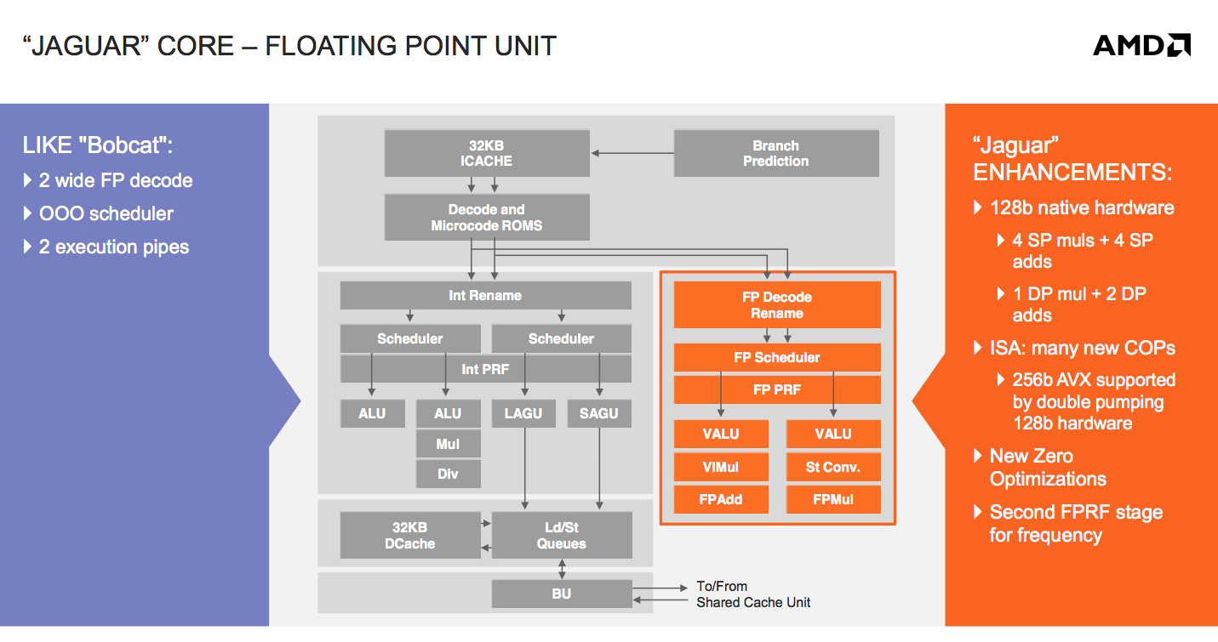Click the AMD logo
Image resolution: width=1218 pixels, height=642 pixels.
tap(1141, 45)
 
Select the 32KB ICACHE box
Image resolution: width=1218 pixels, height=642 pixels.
tap(486, 153)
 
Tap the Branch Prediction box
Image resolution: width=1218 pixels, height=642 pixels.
tap(775, 153)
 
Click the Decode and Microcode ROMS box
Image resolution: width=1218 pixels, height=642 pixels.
tap(486, 218)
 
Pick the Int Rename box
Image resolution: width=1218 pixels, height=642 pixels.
tap(485, 295)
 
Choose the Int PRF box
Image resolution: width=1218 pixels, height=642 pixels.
tap(485, 369)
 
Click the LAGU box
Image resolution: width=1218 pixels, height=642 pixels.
tap(523, 413)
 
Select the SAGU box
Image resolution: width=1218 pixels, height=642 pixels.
tap(599, 413)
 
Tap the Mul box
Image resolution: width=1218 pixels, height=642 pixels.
tap(448, 444)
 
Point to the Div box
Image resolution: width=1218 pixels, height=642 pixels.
tap(448, 474)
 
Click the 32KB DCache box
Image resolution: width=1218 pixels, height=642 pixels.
tap(409, 536)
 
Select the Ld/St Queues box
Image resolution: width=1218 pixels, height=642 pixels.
tap(561, 536)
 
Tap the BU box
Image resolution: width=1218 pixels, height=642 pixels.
tap(561, 594)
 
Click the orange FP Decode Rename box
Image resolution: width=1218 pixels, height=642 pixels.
tap(776, 305)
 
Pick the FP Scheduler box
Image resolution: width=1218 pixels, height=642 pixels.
tap(776, 357)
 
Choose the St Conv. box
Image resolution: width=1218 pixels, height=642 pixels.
tap(832, 467)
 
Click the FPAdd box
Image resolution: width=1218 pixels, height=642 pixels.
tap(721, 499)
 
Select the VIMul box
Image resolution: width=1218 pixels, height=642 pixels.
tap(721, 467)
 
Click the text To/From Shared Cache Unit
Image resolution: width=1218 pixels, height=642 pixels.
tap(752, 594)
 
